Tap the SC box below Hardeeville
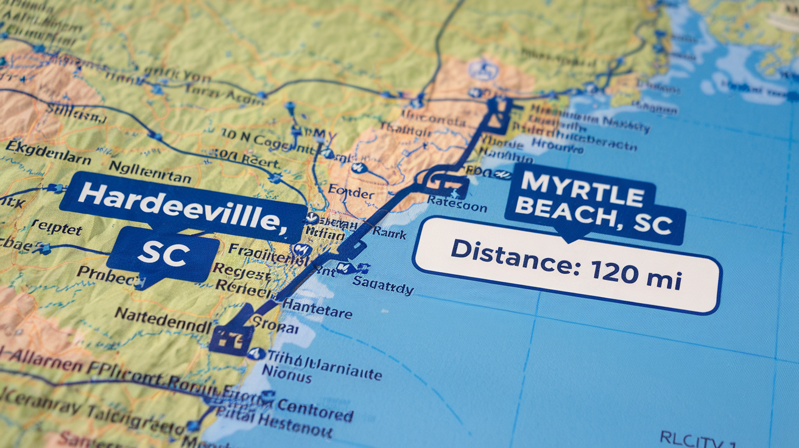[163, 254]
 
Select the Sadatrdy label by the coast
[384, 287]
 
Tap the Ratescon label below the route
[457, 204]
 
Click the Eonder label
[351, 193]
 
